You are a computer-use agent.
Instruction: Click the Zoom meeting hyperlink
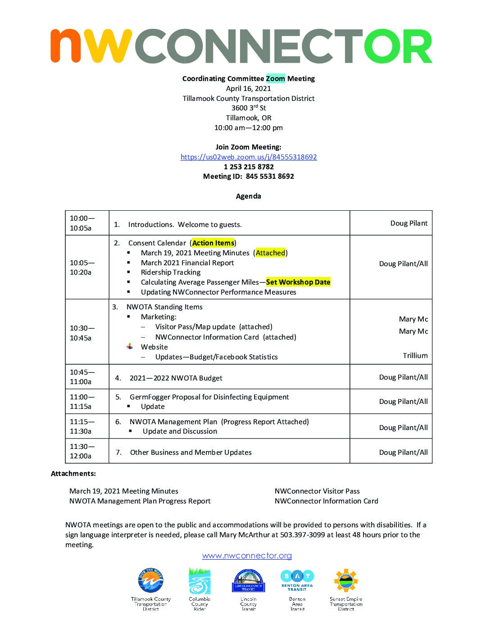click(x=249, y=157)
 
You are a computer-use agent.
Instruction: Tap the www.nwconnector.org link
click(x=247, y=556)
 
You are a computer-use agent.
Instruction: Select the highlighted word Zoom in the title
click(x=275, y=78)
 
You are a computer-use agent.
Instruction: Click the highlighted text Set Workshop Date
click(x=298, y=282)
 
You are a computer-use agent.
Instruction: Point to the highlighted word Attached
click(x=270, y=253)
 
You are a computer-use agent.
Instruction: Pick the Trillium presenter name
click(x=415, y=356)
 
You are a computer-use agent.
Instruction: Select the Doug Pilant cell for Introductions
click(x=408, y=223)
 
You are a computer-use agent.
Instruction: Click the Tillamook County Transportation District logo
click(x=150, y=581)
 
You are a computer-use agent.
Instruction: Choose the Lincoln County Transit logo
click(x=249, y=581)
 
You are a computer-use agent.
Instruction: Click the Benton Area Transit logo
click(x=297, y=580)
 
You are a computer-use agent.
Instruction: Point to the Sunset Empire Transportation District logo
click(x=346, y=581)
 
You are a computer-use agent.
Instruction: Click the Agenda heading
click(x=249, y=196)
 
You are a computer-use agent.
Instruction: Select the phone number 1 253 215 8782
click(x=249, y=167)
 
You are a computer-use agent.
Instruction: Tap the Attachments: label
click(x=73, y=474)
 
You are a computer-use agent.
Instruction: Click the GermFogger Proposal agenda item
click(x=209, y=397)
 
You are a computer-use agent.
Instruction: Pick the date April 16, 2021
click(x=249, y=89)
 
